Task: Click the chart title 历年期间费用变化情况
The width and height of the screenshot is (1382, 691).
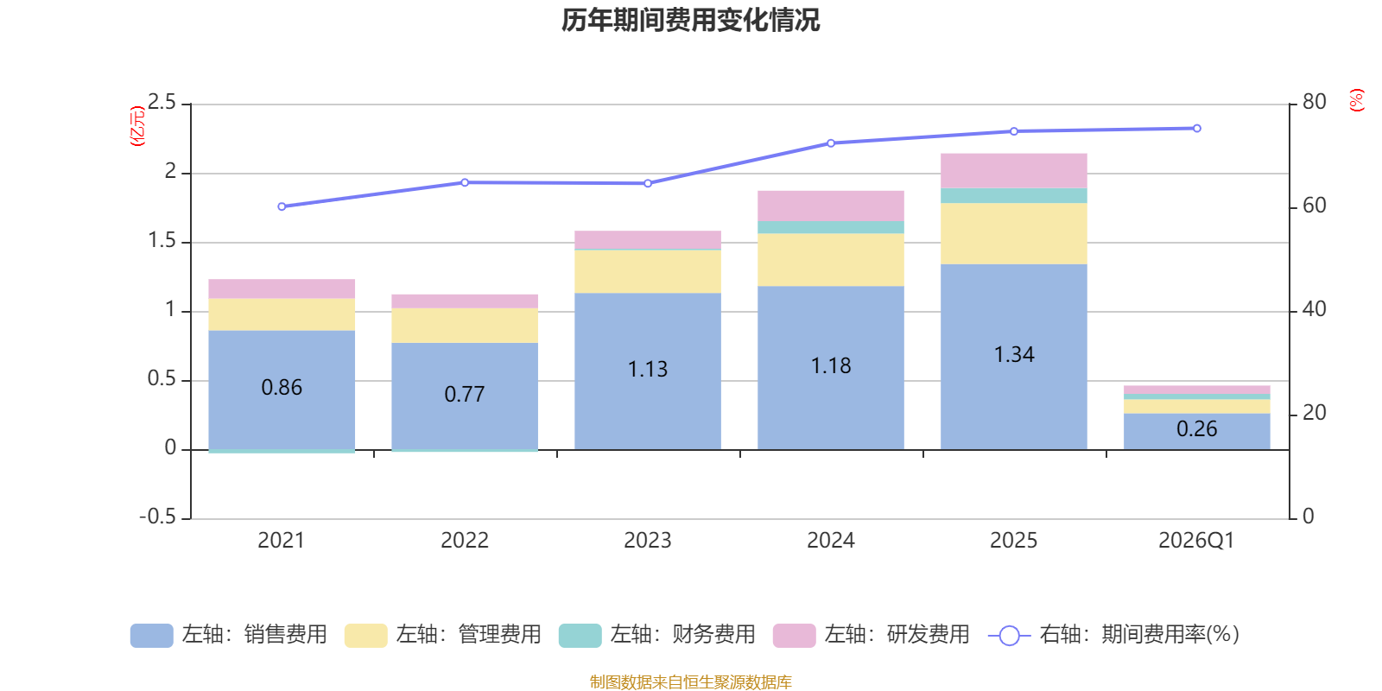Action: [690, 21]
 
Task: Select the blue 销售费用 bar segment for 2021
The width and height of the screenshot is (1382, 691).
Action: [282, 390]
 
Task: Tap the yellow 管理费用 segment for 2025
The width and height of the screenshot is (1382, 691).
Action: [1014, 234]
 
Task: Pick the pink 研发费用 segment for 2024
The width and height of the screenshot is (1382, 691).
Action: [830, 206]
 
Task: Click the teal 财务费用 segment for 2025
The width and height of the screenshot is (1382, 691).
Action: [1014, 195]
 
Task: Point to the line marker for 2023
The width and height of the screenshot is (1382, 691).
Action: [648, 183]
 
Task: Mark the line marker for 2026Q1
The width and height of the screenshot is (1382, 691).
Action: [1197, 129]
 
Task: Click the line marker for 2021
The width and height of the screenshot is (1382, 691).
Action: [282, 206]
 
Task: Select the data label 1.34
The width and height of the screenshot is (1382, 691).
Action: [1014, 355]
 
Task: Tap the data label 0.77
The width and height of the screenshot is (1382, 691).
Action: [465, 394]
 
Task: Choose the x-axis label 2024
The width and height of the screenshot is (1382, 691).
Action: [830, 541]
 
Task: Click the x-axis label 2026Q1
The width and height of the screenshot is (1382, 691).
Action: [1196, 541]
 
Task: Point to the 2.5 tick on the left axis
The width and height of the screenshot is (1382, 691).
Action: [162, 102]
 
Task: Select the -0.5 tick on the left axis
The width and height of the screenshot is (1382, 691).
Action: [157, 517]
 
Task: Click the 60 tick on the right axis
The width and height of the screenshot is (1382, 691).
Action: [1314, 206]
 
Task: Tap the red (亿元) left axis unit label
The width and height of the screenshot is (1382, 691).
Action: [137, 126]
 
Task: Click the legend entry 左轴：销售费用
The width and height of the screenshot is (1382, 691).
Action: [229, 635]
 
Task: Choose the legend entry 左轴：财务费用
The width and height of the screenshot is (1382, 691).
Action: [657, 635]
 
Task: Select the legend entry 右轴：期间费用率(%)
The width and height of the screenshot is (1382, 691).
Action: [1113, 635]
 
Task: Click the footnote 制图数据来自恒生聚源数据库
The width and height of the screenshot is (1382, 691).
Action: [690, 681]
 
